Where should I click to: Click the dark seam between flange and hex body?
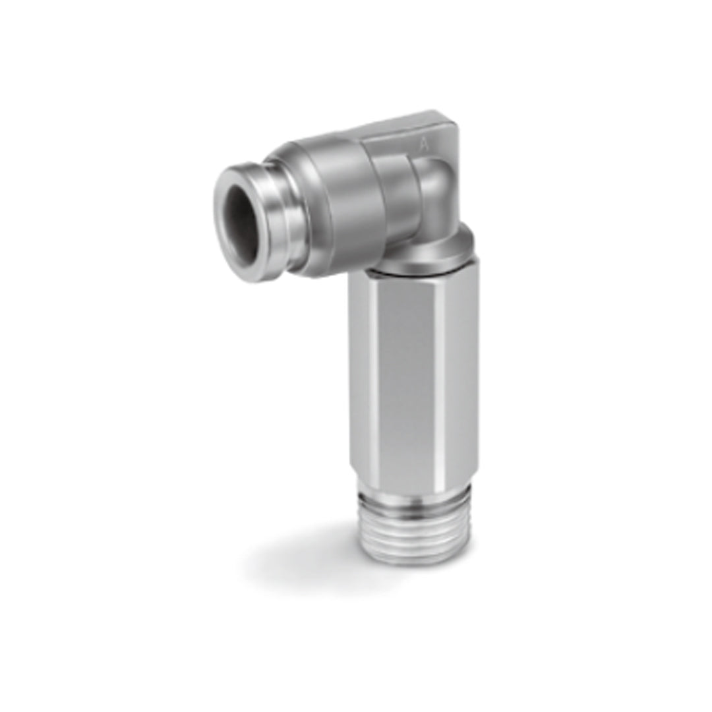coord(409,272)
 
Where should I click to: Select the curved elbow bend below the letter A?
coord(435,191)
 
